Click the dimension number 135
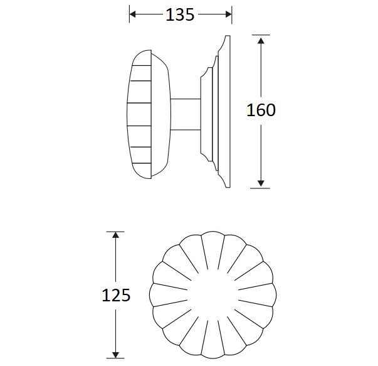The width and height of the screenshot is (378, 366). (180, 15)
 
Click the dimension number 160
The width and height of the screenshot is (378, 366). (261, 110)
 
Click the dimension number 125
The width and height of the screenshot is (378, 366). (115, 295)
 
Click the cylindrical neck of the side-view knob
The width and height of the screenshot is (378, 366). (185, 114)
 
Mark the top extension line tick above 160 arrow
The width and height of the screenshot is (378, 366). (261, 35)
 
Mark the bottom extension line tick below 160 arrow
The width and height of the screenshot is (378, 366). (261, 188)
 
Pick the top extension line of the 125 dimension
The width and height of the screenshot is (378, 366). (115, 232)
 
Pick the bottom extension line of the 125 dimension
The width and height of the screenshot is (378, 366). (115, 358)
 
